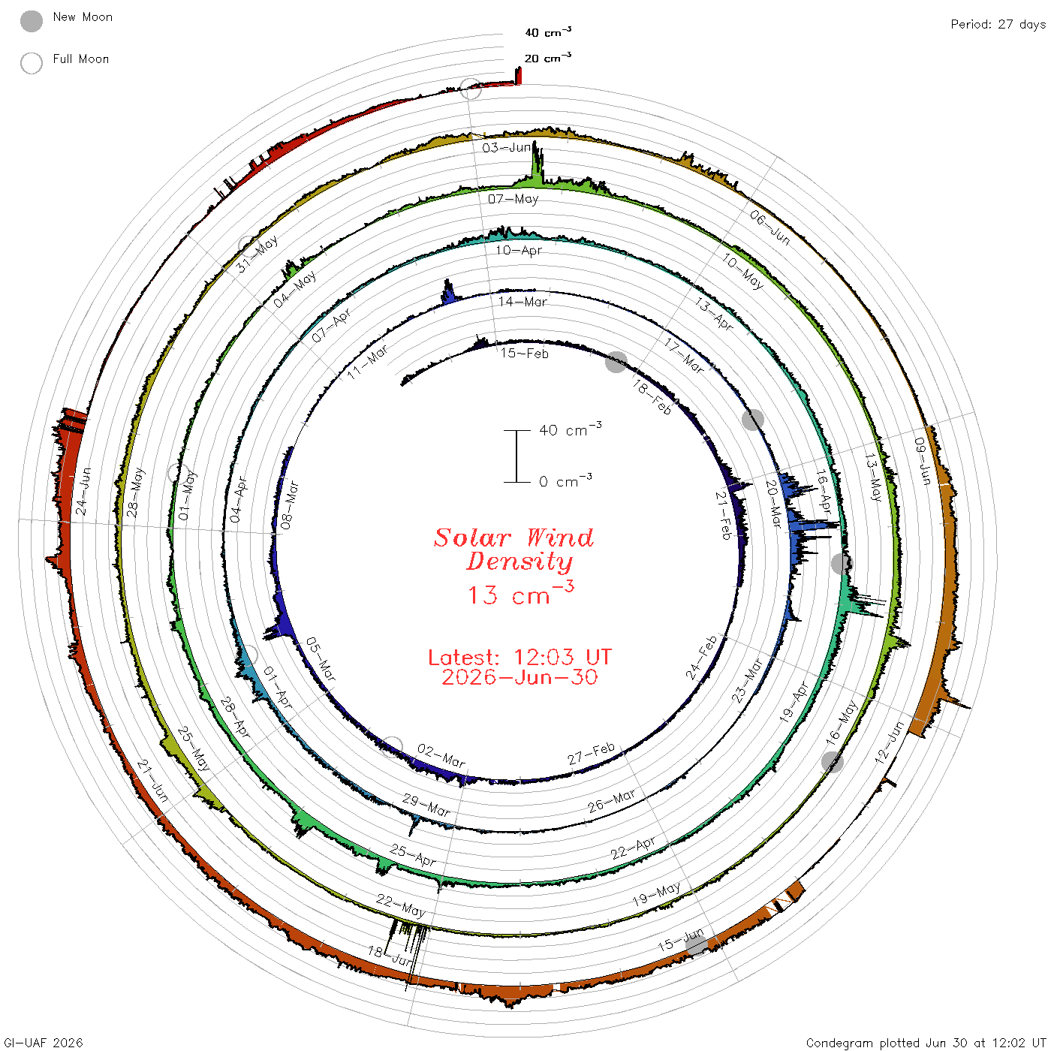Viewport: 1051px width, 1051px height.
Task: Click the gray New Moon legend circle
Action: (x=31, y=21)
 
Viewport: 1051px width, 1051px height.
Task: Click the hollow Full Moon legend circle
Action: (x=31, y=63)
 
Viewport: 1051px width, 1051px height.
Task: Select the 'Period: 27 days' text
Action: (x=998, y=25)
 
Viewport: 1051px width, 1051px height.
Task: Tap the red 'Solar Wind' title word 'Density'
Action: (x=519, y=562)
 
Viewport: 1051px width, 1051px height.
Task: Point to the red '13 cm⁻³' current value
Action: (x=521, y=593)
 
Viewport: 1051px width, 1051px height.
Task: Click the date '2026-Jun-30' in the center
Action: (x=519, y=677)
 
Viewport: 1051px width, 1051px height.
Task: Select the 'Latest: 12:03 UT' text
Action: (x=519, y=657)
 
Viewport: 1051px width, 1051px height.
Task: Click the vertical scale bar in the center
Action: (x=517, y=456)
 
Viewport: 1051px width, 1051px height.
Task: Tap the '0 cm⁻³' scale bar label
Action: (x=565, y=480)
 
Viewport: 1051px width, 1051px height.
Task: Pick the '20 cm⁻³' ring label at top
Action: (x=547, y=57)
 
